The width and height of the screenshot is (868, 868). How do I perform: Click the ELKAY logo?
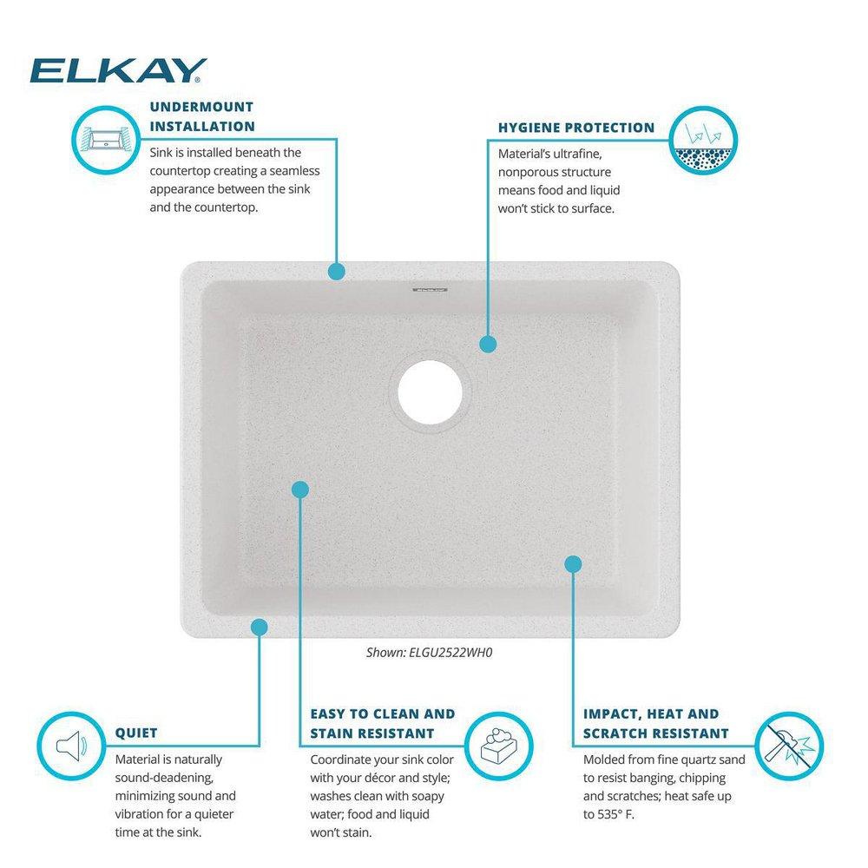(x=118, y=69)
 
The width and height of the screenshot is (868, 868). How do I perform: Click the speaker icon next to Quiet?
(x=69, y=744)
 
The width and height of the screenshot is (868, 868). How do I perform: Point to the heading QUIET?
(x=136, y=733)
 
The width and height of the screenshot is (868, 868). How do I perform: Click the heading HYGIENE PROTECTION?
(x=576, y=128)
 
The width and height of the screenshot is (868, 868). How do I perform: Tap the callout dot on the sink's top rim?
(x=336, y=272)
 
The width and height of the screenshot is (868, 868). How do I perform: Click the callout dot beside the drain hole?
(x=488, y=344)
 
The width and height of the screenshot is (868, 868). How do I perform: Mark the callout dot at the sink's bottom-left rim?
(x=259, y=626)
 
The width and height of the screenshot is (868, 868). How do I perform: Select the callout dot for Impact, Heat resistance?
(x=573, y=564)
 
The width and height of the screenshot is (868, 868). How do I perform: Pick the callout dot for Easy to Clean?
(x=299, y=490)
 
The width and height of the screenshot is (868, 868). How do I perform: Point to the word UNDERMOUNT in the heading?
(x=201, y=107)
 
